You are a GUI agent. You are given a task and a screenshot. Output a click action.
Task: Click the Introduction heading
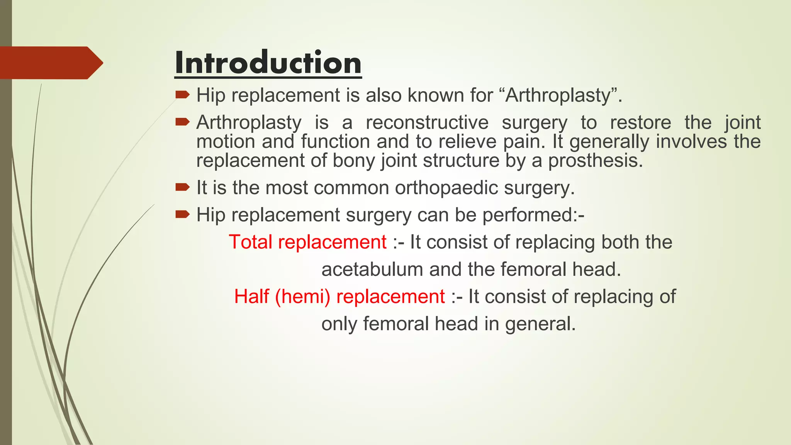[268, 63]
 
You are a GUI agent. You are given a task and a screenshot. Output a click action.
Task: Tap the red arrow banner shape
[50, 63]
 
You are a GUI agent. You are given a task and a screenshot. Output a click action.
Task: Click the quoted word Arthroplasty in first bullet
[558, 95]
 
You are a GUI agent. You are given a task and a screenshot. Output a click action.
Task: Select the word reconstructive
[427, 123]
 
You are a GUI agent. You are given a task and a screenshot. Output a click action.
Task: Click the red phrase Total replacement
[307, 242]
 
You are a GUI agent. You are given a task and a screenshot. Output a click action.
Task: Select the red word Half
[251, 297]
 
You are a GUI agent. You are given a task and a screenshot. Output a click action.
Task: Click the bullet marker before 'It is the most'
[182, 188]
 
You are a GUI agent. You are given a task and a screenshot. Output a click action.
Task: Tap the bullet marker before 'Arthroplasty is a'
[182, 122]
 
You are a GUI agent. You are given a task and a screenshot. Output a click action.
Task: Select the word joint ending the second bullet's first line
[742, 123]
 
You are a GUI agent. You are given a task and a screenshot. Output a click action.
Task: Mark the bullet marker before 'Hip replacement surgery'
[182, 214]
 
